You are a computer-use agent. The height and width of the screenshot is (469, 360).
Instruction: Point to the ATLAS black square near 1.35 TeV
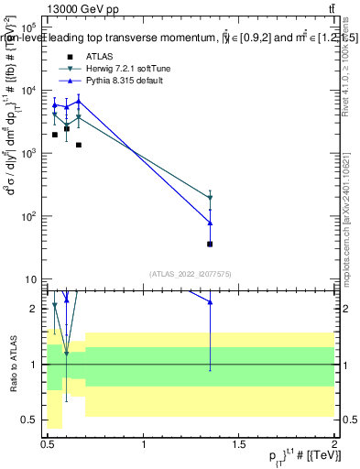pyautogui.click(x=211, y=244)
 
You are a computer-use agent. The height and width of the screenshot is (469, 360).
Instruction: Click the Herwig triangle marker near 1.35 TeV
pyautogui.click(x=211, y=198)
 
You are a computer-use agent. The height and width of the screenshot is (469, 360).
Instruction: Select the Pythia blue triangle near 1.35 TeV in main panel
pyautogui.click(x=211, y=223)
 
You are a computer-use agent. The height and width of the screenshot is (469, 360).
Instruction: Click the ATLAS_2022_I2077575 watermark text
pyautogui.click(x=191, y=274)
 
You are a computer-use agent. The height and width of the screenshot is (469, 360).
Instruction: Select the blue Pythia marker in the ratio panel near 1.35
pyautogui.click(x=211, y=301)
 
